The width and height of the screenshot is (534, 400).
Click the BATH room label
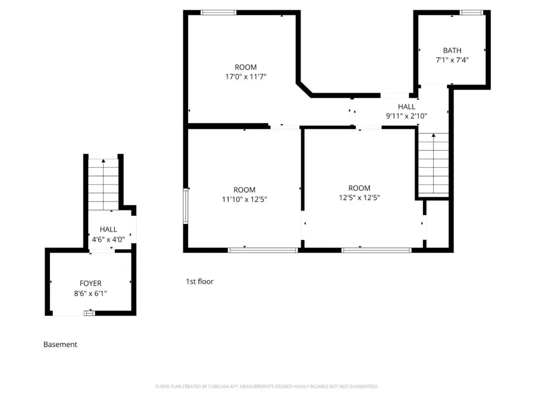[452, 51]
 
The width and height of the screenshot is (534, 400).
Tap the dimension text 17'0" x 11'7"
[246, 77]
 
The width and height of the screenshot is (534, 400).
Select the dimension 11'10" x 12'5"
[244, 199]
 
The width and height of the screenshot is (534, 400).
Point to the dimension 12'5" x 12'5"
[359, 197]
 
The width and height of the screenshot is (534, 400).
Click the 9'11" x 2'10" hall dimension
[406, 116]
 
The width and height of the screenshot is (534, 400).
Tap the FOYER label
[90, 283]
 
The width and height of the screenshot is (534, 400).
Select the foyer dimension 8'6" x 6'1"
[90, 293]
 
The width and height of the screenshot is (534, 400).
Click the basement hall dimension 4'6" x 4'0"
[108, 240]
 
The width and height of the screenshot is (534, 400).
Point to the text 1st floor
[200, 281]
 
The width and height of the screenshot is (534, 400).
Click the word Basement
[60, 344]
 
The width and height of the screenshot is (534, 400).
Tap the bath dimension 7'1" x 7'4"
[452, 60]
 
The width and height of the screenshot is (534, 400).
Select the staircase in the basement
[103, 184]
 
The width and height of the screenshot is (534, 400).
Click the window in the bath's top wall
[471, 12]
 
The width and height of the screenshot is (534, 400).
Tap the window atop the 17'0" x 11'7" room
[219, 12]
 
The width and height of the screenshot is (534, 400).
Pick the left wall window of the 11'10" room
[186, 206]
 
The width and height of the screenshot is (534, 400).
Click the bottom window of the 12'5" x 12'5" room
[377, 251]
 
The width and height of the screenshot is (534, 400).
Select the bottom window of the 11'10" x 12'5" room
[263, 251]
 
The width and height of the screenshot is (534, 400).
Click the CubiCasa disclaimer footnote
[266, 386]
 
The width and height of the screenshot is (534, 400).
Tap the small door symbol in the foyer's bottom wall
[90, 313]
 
